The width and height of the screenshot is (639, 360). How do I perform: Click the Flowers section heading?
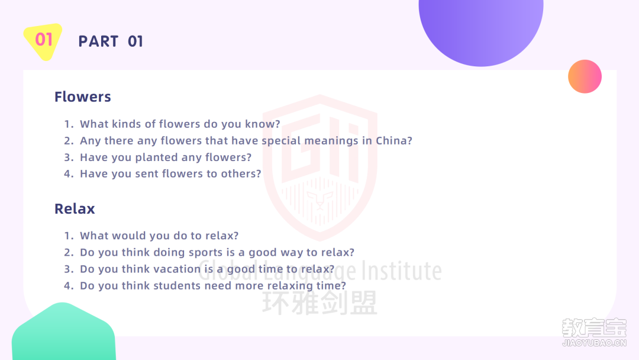pos(83,97)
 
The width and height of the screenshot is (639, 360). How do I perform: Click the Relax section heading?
pos(75,209)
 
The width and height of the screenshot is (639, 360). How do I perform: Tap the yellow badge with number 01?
pos(43,41)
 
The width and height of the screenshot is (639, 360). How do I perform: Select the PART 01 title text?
pos(111,41)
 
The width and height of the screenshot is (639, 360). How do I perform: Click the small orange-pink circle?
pos(585,76)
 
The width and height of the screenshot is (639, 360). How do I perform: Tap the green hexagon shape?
pos(63,332)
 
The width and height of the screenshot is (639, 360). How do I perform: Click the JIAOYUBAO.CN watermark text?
pos(594,343)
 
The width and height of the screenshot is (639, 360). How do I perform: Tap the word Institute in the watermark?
pos(401,271)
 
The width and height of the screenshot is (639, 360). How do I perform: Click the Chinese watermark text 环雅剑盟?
pos(320,303)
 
